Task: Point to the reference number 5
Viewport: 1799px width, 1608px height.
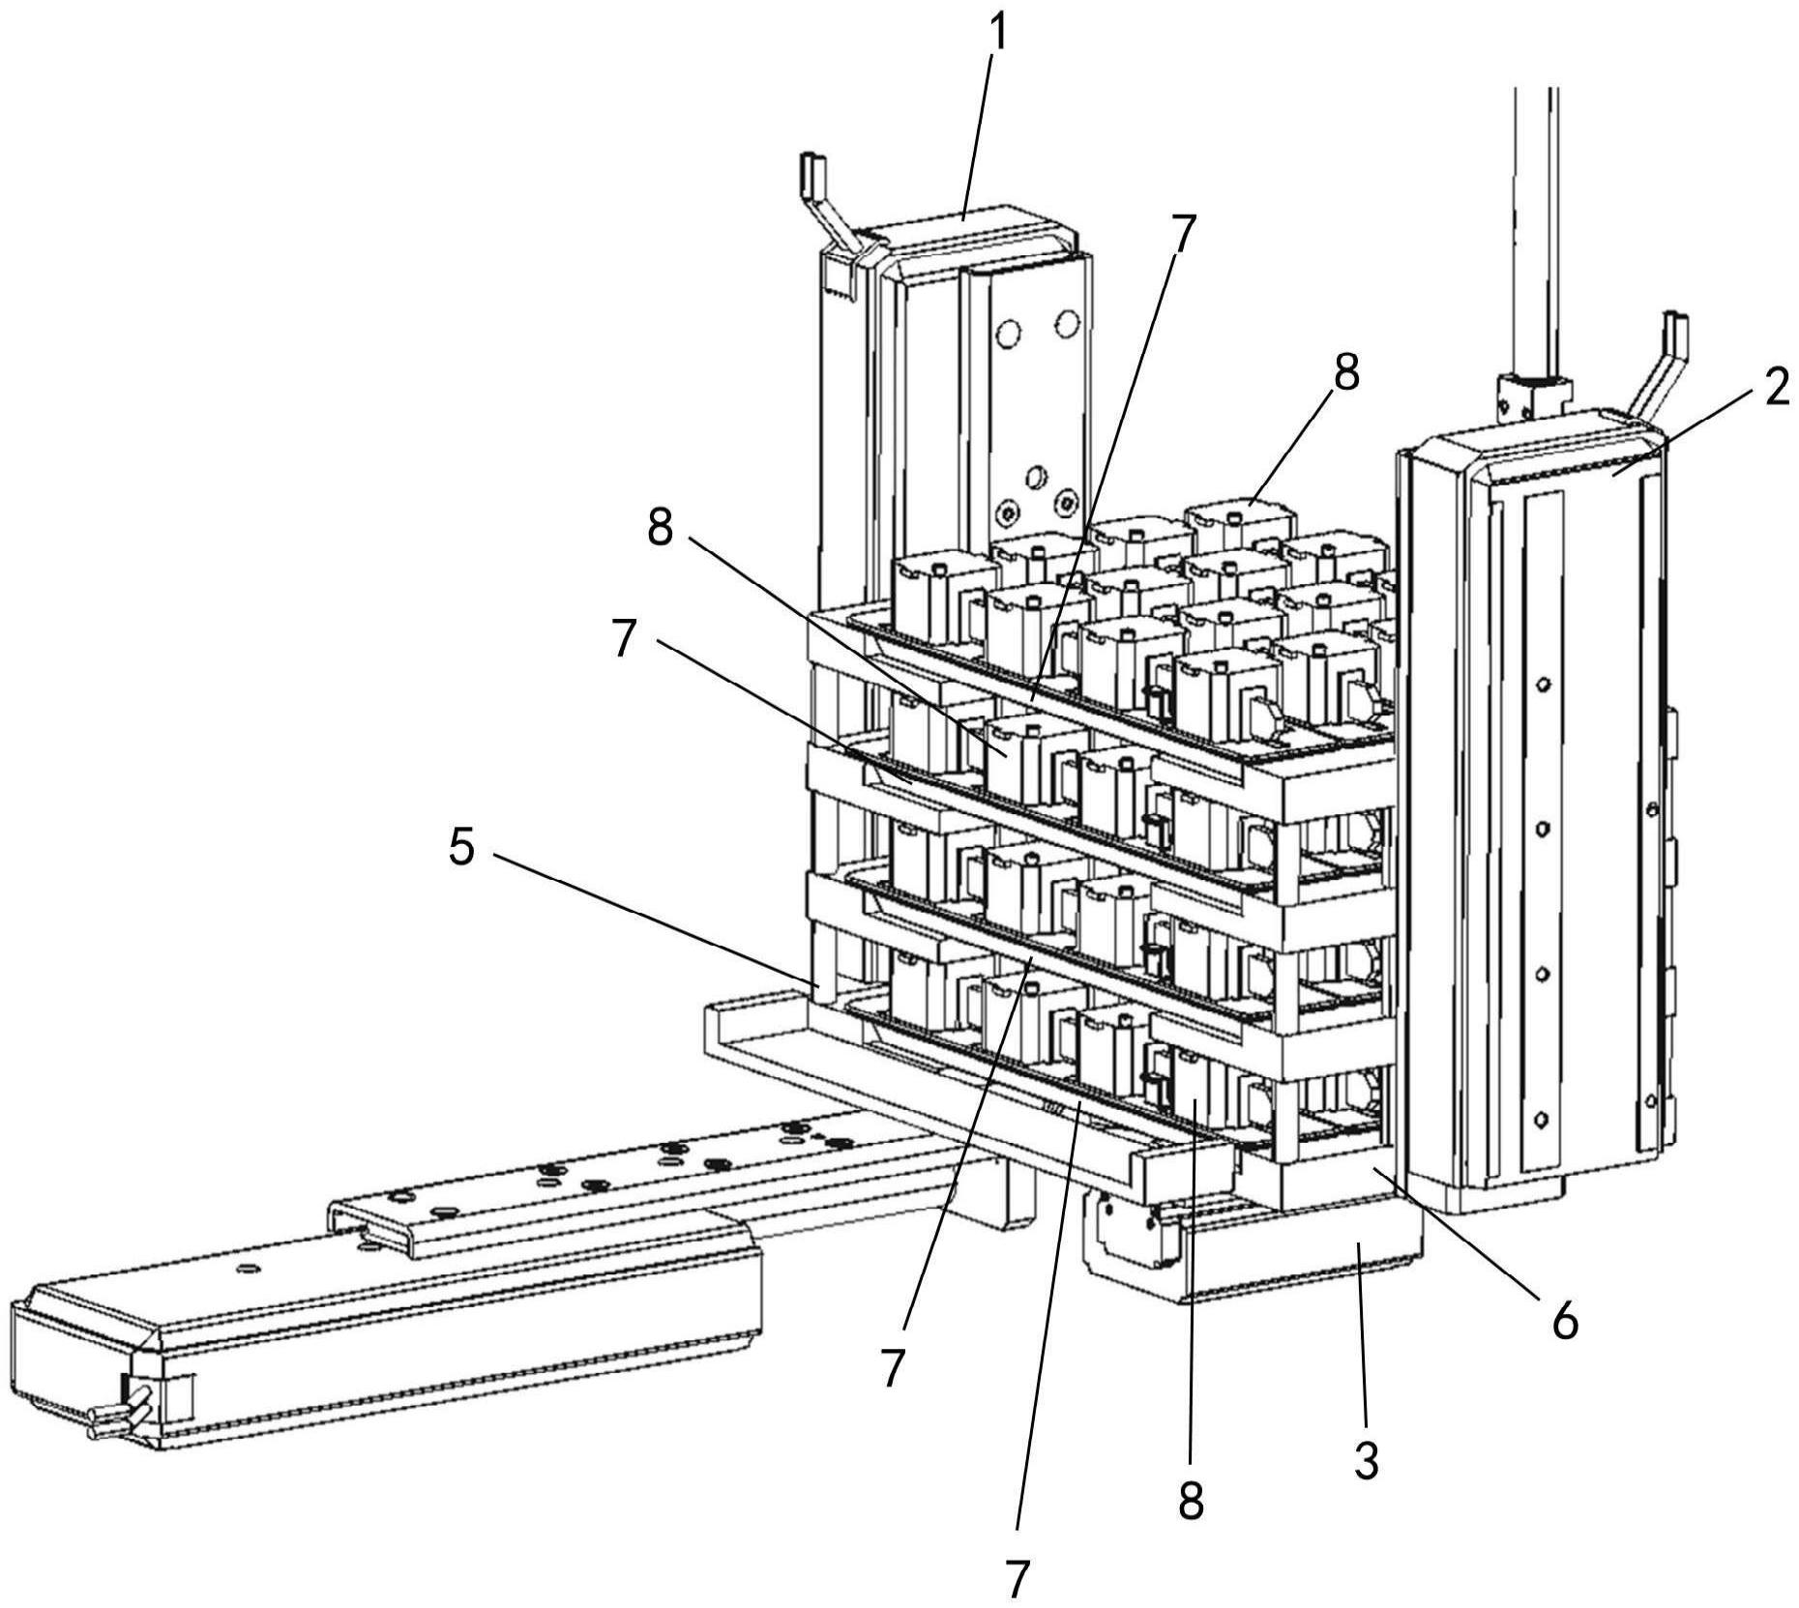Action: [x=461, y=849]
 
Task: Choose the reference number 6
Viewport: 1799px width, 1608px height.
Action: [x=1564, y=1319]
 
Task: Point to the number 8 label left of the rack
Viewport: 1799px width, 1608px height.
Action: [x=662, y=528]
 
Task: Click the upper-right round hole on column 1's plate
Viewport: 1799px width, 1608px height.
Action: [x=1068, y=322]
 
